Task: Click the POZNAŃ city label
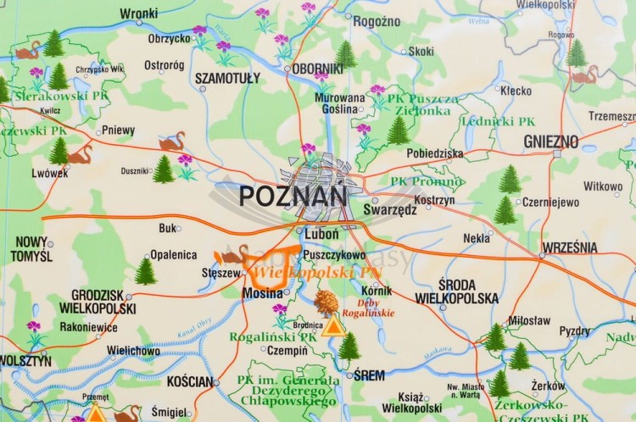click(x=293, y=196)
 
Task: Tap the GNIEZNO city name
click(x=550, y=142)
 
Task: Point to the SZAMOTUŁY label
click(x=227, y=78)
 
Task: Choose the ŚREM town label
click(x=370, y=375)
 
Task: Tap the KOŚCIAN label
click(x=190, y=382)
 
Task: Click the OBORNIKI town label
click(x=318, y=69)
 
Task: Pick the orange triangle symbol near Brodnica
click(x=332, y=327)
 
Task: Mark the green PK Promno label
click(x=427, y=181)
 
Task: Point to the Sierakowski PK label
click(x=60, y=96)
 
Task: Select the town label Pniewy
click(x=118, y=130)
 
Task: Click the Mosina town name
click(x=263, y=292)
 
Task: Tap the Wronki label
click(x=138, y=14)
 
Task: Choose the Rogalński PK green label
click(x=273, y=336)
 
